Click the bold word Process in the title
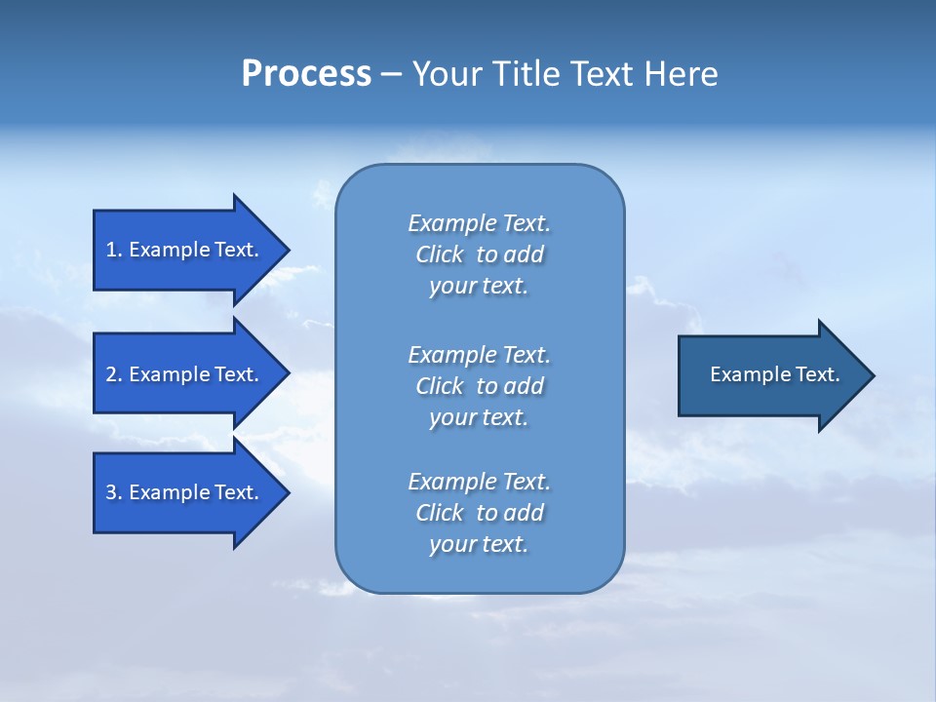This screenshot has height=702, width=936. tap(306, 74)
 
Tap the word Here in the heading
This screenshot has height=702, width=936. tap(681, 74)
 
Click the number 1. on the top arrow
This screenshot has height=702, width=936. tap(114, 250)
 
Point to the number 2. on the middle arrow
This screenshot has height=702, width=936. tap(114, 374)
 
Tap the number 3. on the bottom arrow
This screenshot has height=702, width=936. tap(114, 492)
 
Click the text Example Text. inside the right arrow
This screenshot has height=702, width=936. tap(774, 374)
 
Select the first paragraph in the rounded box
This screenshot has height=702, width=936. tap(479, 254)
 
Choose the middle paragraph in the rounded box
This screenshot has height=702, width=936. tap(479, 386)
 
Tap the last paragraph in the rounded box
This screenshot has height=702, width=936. tap(479, 513)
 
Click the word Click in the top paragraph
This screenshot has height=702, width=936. tap(439, 254)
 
